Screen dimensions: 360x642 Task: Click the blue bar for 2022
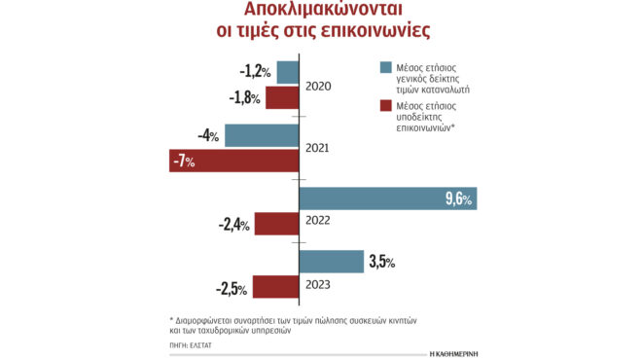pos(387,198)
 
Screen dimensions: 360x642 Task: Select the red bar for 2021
pos(233,161)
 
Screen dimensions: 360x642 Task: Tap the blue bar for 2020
pos(288,72)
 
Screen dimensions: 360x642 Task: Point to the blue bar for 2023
pos(331,261)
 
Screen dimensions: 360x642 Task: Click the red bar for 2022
pos(276,224)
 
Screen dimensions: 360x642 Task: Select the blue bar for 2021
pos(262,135)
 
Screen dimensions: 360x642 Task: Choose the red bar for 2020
pos(282,97)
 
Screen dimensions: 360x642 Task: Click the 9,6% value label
pos(458,199)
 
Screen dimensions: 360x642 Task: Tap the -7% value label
pos(183,162)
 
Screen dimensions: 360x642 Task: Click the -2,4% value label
pos(233,225)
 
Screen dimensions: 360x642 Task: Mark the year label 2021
pos(318,148)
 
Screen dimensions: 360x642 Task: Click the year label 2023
pos(318,284)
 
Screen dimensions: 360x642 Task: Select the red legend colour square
pos(386,105)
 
